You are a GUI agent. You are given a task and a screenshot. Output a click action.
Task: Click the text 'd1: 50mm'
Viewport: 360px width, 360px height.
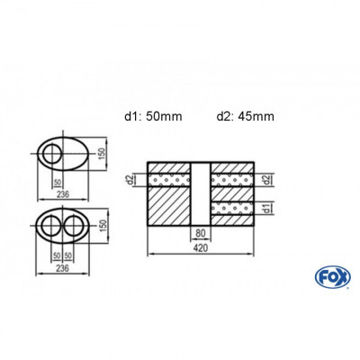tap(156, 115)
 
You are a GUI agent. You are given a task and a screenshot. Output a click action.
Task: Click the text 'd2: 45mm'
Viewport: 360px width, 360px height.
tap(245, 115)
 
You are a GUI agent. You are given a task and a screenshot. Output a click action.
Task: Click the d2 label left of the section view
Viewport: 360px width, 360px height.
tap(132, 181)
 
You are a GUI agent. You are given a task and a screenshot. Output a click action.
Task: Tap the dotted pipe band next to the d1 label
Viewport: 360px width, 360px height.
tap(236, 211)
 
